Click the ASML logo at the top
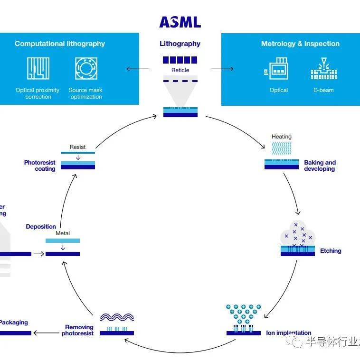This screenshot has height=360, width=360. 180,22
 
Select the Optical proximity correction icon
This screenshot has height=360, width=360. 38,68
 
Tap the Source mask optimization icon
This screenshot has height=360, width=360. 85,68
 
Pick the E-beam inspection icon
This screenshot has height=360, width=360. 323,69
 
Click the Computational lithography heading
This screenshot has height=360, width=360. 60,44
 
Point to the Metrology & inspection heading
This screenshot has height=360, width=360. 300,44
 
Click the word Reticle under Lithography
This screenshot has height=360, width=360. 180,70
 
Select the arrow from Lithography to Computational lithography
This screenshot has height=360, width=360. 137,69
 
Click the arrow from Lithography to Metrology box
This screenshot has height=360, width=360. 222,69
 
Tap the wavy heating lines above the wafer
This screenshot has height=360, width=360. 282,148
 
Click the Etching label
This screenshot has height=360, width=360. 331,251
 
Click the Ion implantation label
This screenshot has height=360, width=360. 289,333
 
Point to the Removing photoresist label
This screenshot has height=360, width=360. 79,330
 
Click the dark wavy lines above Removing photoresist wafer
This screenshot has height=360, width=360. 117,317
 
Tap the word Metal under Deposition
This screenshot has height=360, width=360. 63,233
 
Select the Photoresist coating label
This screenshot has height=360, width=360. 40,166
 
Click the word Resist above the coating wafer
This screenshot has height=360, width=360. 77,147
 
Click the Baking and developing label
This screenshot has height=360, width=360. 320,166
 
